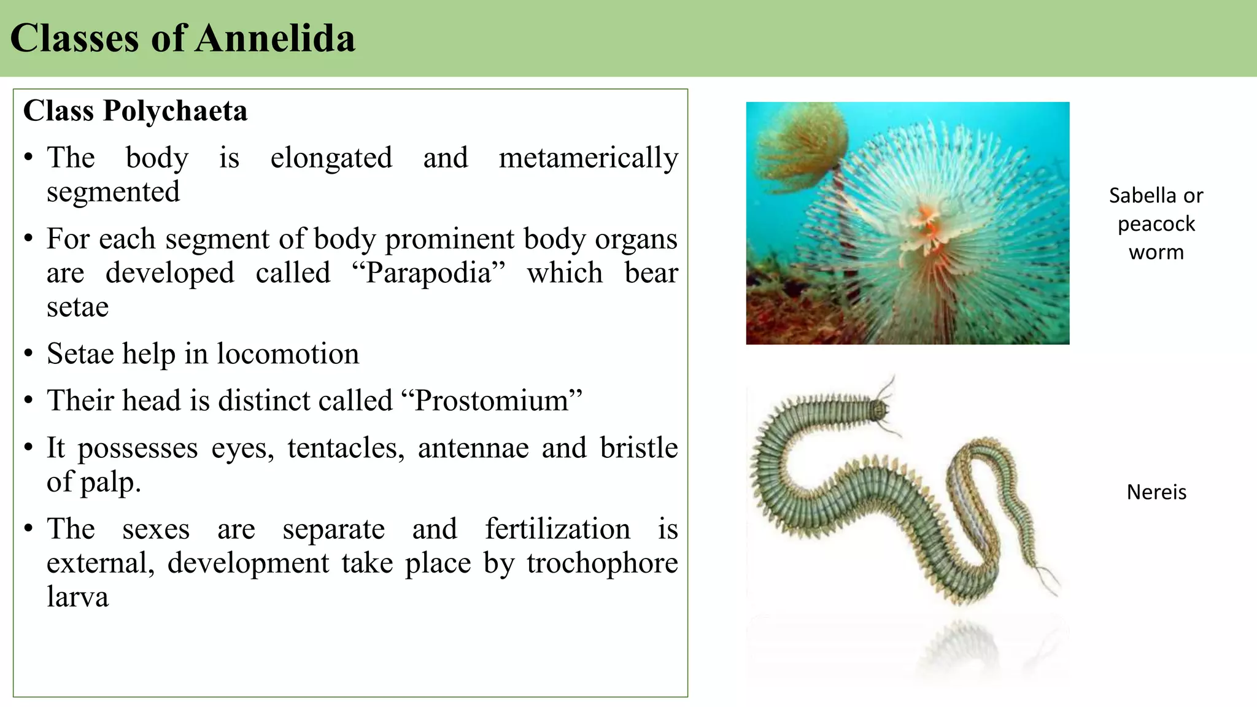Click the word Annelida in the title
275,38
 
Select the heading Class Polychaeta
135,111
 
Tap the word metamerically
588,158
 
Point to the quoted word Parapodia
428,273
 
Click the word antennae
473,448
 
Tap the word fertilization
557,529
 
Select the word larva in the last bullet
77,597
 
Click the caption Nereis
1156,492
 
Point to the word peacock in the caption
1156,224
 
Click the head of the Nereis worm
881,408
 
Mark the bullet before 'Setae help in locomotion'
28,354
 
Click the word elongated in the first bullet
331,158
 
